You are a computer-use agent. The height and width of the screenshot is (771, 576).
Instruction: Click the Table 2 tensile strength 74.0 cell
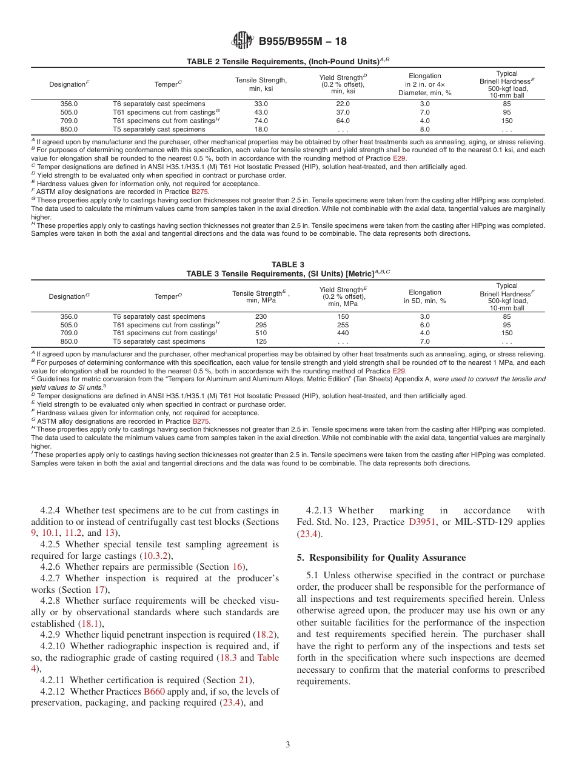point(261,121)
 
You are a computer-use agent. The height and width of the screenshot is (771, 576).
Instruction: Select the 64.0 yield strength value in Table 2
point(343,121)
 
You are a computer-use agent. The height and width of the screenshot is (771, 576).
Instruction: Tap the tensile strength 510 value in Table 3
point(261,333)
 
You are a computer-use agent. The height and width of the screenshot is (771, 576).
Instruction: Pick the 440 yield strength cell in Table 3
point(343,333)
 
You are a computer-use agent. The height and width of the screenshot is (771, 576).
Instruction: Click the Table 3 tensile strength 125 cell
point(261,341)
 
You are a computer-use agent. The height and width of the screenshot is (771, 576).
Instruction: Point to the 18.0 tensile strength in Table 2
point(261,129)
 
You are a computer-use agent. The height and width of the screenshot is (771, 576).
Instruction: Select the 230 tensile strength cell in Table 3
point(261,316)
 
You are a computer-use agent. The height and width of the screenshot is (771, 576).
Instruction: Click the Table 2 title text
point(287,62)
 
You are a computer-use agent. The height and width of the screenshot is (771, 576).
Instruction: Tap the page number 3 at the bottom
point(288,744)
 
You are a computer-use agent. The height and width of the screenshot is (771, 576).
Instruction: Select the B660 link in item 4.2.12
point(154,692)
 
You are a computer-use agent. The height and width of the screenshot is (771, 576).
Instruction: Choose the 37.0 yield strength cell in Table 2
point(343,112)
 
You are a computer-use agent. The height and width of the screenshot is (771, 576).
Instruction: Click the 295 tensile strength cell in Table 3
point(261,325)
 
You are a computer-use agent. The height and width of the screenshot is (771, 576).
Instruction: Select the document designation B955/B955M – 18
point(303,42)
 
